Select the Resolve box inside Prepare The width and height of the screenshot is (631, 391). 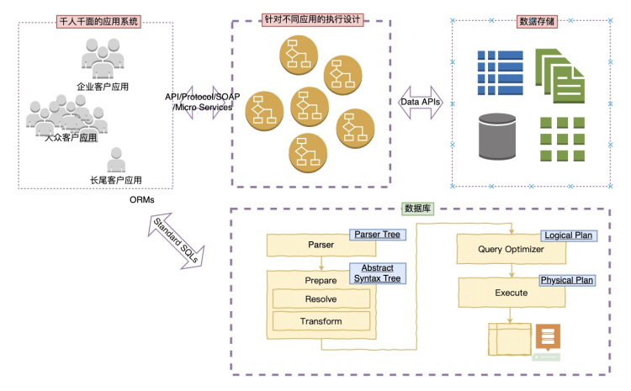pyautogui.click(x=321, y=299)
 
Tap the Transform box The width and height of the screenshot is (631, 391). pyautogui.click(x=321, y=321)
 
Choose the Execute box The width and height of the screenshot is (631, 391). pyautogui.click(x=512, y=293)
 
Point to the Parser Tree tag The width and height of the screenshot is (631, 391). pyautogui.click(x=377, y=235)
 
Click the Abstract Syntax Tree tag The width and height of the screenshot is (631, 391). pyautogui.click(x=378, y=273)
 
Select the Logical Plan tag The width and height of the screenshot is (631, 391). pyautogui.click(x=568, y=235)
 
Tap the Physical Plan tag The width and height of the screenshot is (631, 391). pyautogui.click(x=567, y=280)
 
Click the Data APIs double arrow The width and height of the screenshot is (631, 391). pyautogui.click(x=421, y=103)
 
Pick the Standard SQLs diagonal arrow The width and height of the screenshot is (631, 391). pyautogui.click(x=177, y=240)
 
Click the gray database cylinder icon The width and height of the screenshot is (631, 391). pyautogui.click(x=497, y=137)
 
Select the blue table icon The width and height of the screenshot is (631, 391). pyautogui.click(x=501, y=73)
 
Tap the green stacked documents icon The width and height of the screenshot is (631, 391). pyautogui.click(x=559, y=76)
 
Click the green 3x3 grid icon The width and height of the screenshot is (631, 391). pyautogui.click(x=562, y=140)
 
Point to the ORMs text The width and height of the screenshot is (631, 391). pyautogui.click(x=141, y=200)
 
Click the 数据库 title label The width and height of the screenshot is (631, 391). pyautogui.click(x=417, y=209)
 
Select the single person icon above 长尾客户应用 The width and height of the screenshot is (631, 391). pyautogui.click(x=116, y=160)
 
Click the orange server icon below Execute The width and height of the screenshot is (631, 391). pyautogui.click(x=548, y=336)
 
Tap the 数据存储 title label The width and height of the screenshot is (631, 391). pyautogui.click(x=537, y=21)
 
